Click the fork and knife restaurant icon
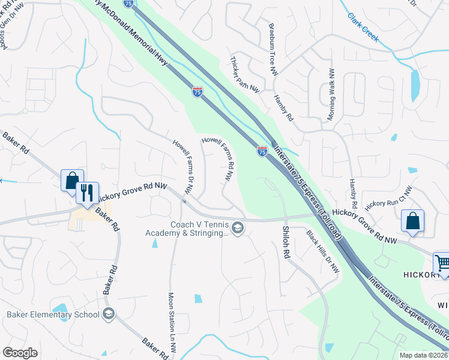(88, 193)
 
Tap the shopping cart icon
(442, 262)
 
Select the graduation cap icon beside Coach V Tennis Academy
(238, 228)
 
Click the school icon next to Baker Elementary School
(108, 314)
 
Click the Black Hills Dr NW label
(323, 252)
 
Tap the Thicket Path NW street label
(246, 74)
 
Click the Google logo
(20, 352)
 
